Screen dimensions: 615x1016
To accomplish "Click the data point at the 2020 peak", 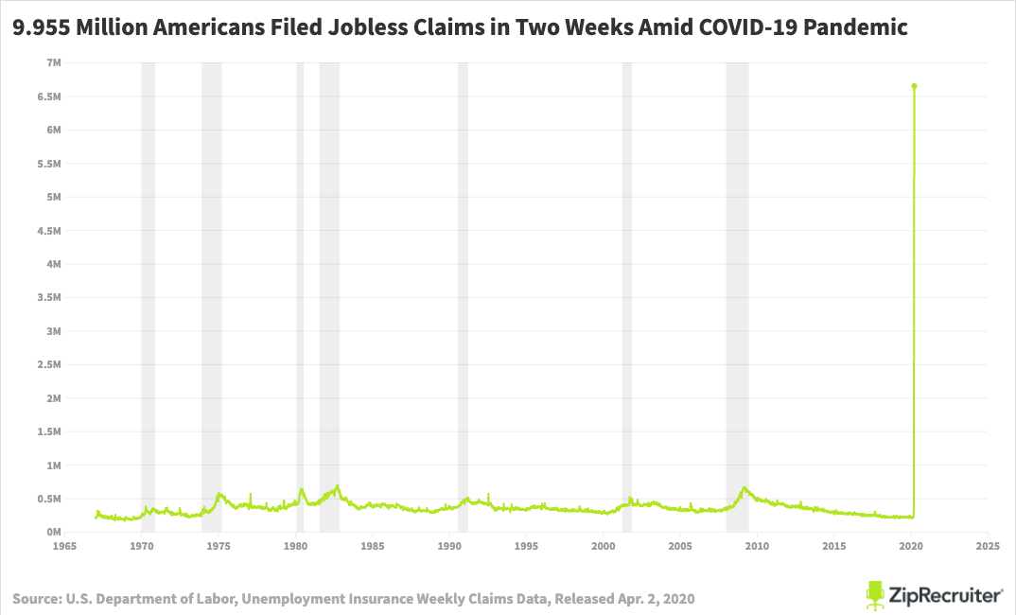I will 914,86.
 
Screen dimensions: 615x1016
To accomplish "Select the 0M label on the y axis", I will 53,532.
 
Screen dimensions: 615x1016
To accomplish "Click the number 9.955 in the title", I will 38,28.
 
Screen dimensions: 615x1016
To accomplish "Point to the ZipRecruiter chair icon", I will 875,594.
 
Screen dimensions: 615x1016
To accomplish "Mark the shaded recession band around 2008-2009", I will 737,284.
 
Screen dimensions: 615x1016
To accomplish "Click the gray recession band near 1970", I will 148,284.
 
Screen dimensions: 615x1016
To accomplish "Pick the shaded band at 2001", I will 626,284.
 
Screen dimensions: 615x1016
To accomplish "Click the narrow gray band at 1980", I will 300,284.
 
